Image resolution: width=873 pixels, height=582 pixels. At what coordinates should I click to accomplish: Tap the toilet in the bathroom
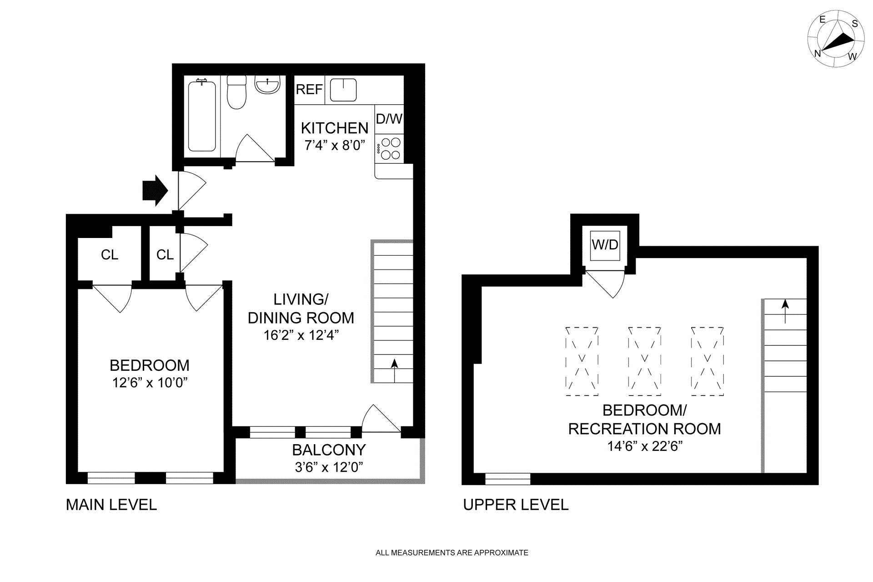236,92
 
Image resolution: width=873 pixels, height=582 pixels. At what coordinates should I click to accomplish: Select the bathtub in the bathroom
202,116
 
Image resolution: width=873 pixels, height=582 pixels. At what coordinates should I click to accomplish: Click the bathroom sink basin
267,85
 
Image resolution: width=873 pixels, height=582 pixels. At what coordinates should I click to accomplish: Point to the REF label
309,90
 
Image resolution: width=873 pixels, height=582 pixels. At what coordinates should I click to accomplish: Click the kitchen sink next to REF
343,90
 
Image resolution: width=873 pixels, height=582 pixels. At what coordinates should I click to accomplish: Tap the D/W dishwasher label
389,119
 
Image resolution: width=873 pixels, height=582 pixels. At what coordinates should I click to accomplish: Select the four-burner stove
389,149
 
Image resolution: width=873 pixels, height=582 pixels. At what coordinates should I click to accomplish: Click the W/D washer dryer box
605,245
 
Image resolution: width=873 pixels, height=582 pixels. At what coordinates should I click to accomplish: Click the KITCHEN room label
335,128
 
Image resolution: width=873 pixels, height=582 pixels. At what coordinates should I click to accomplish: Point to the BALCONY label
329,450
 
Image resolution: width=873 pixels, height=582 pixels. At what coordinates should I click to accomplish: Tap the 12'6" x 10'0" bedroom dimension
150,383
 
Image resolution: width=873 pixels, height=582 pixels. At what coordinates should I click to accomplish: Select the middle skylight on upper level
644,361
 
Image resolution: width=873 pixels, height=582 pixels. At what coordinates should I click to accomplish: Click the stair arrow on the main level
394,370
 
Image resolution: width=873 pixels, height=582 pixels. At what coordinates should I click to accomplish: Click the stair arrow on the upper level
785,311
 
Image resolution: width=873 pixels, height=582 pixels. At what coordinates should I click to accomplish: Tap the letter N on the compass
818,54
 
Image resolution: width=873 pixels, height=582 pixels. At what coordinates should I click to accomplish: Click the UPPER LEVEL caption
516,505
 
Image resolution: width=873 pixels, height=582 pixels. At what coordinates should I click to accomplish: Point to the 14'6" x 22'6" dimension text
645,446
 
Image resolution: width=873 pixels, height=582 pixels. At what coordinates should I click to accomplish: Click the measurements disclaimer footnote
452,553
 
